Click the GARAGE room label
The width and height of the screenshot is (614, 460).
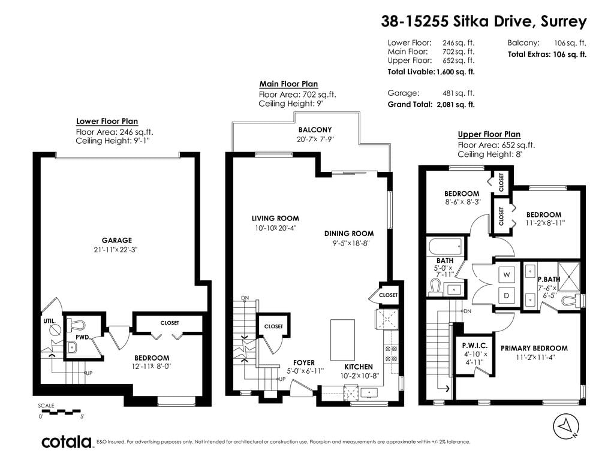[117, 240]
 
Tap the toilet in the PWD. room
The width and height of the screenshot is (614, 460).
[76, 325]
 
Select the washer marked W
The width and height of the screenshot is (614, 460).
[506, 274]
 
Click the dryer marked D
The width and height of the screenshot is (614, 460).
[506, 295]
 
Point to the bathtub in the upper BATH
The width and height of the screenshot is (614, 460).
[446, 247]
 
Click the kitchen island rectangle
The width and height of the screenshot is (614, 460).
[342, 340]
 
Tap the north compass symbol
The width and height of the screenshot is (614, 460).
[566, 426]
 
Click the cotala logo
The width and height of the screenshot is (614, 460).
[67, 441]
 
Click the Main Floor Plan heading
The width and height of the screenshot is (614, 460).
[288, 84]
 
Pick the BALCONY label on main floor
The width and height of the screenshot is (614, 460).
[315, 130]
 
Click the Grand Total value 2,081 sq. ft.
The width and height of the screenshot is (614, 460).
[456, 104]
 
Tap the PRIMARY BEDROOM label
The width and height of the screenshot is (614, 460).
[534, 348]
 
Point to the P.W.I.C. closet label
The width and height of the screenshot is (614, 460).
[475, 346]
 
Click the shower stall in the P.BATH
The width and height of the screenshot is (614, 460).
[568, 277]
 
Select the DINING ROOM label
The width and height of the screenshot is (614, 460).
[349, 234]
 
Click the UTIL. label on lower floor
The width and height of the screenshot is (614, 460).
[50, 321]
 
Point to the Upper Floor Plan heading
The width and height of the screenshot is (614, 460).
[489, 134]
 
